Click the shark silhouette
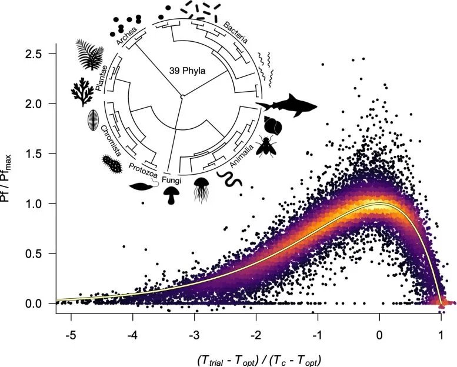[x=286, y=106]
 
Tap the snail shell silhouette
[x=272, y=126]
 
